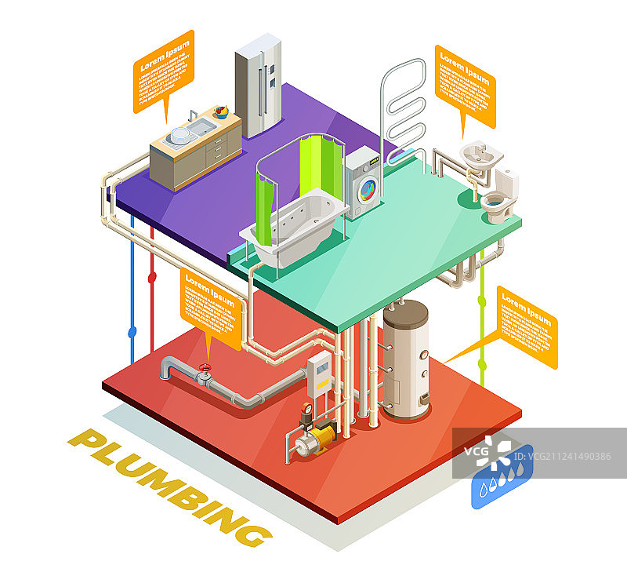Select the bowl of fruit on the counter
coord(221,111)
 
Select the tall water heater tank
coord(405,358)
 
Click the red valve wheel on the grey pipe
coord(205,368)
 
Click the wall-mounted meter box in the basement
coord(319,372)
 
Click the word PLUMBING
coord(169,487)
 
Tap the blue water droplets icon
coord(501,479)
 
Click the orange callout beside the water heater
coord(527,326)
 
